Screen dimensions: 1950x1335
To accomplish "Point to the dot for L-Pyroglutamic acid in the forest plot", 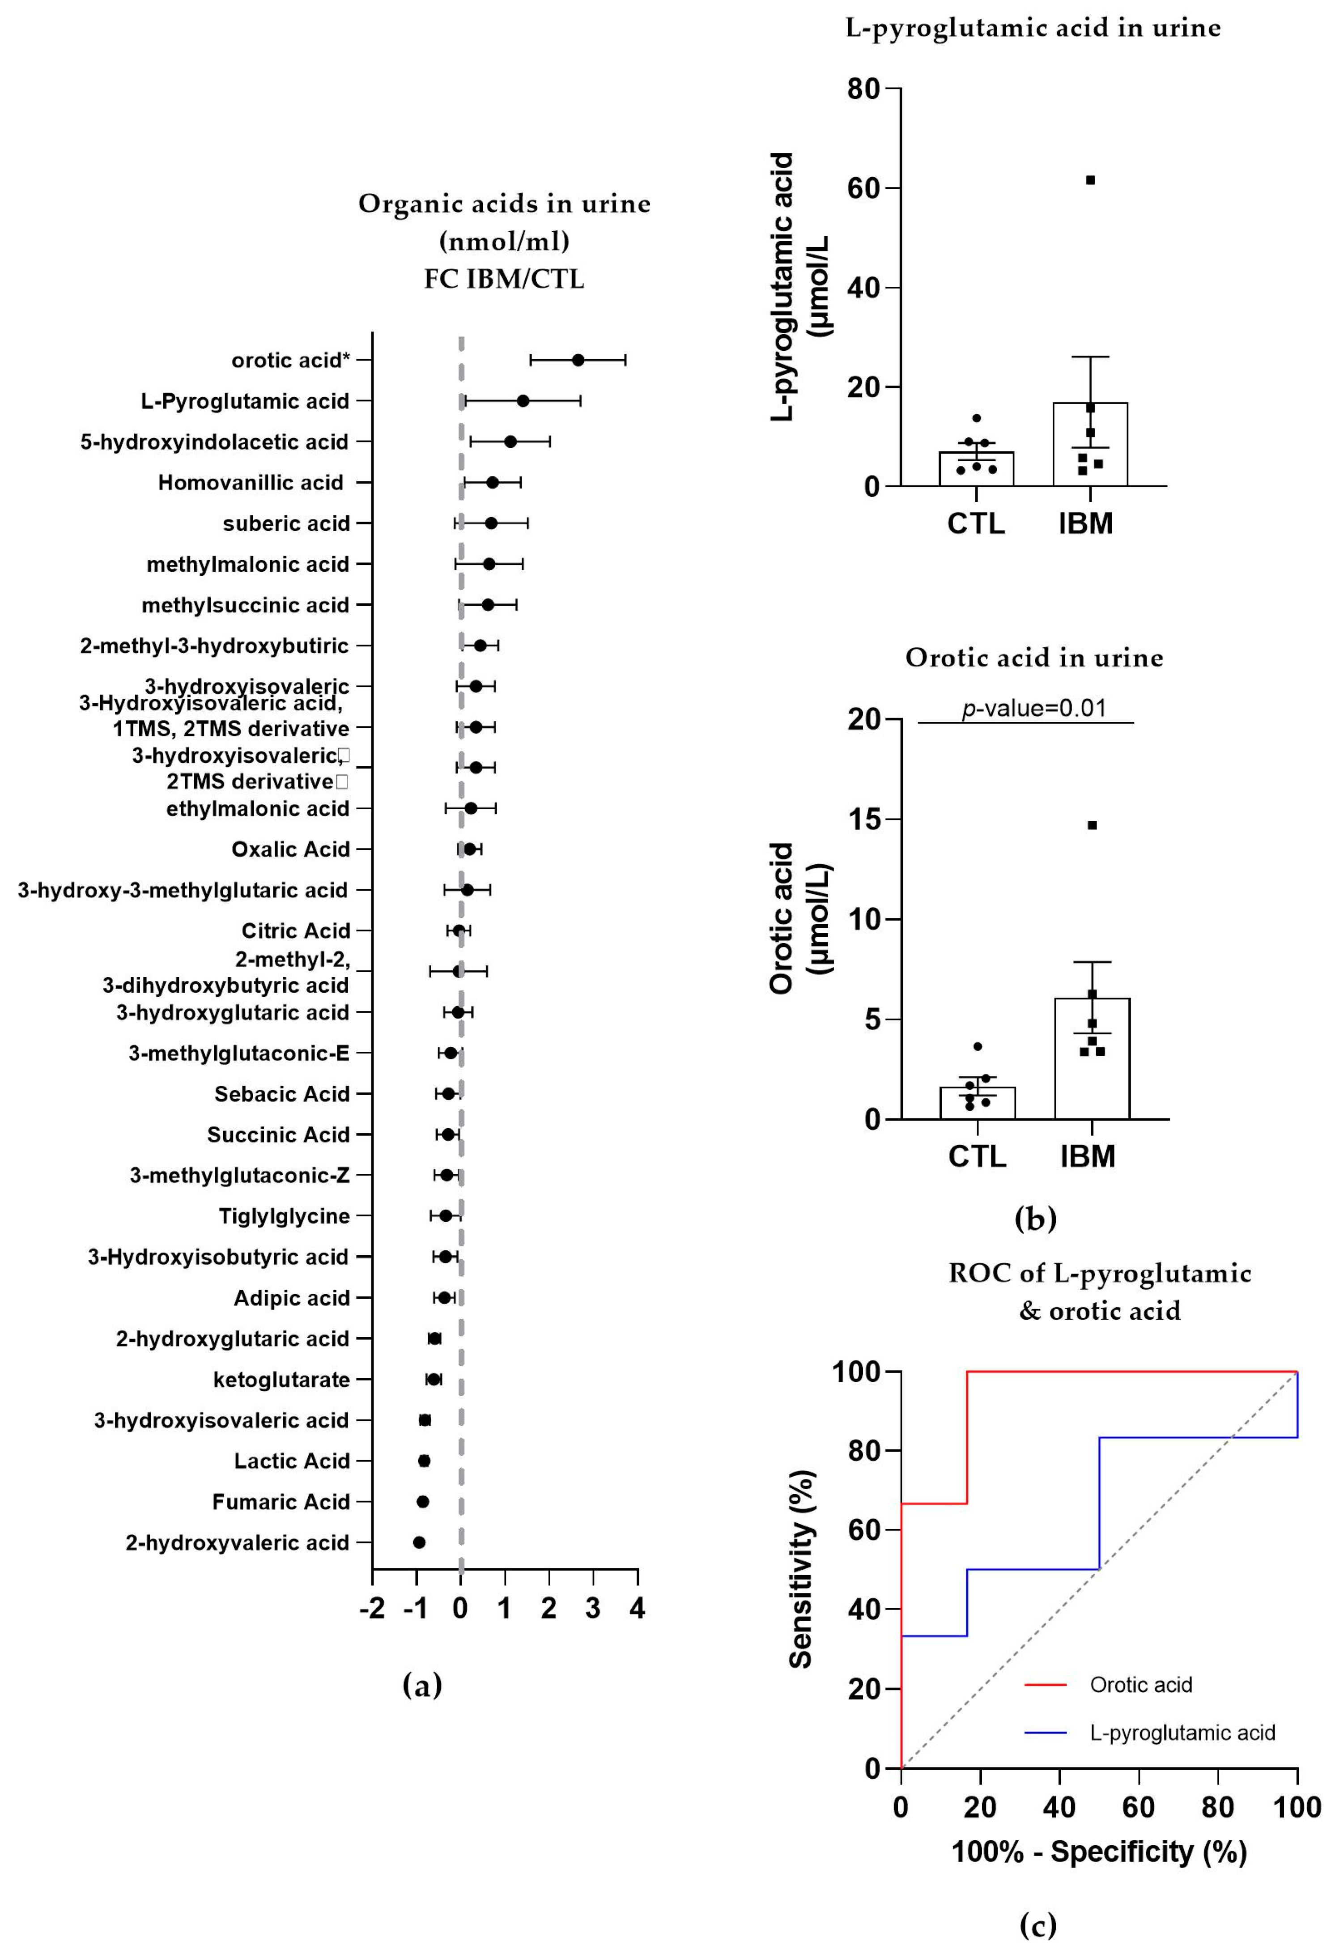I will tap(523, 401).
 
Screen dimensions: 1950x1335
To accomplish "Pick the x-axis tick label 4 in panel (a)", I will tap(638, 1609).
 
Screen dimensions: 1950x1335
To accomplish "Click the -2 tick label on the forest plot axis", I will tap(372, 1609).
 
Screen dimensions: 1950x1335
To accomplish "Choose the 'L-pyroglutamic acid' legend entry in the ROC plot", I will tap(1182, 1733).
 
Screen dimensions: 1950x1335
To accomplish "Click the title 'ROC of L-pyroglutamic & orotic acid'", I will tap(1099, 1292).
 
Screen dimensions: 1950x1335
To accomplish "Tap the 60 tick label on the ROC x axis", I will tap(1139, 1806).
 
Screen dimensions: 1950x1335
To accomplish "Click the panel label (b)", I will tap(1035, 1218).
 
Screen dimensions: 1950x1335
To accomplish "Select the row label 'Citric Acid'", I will tap(295, 930).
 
